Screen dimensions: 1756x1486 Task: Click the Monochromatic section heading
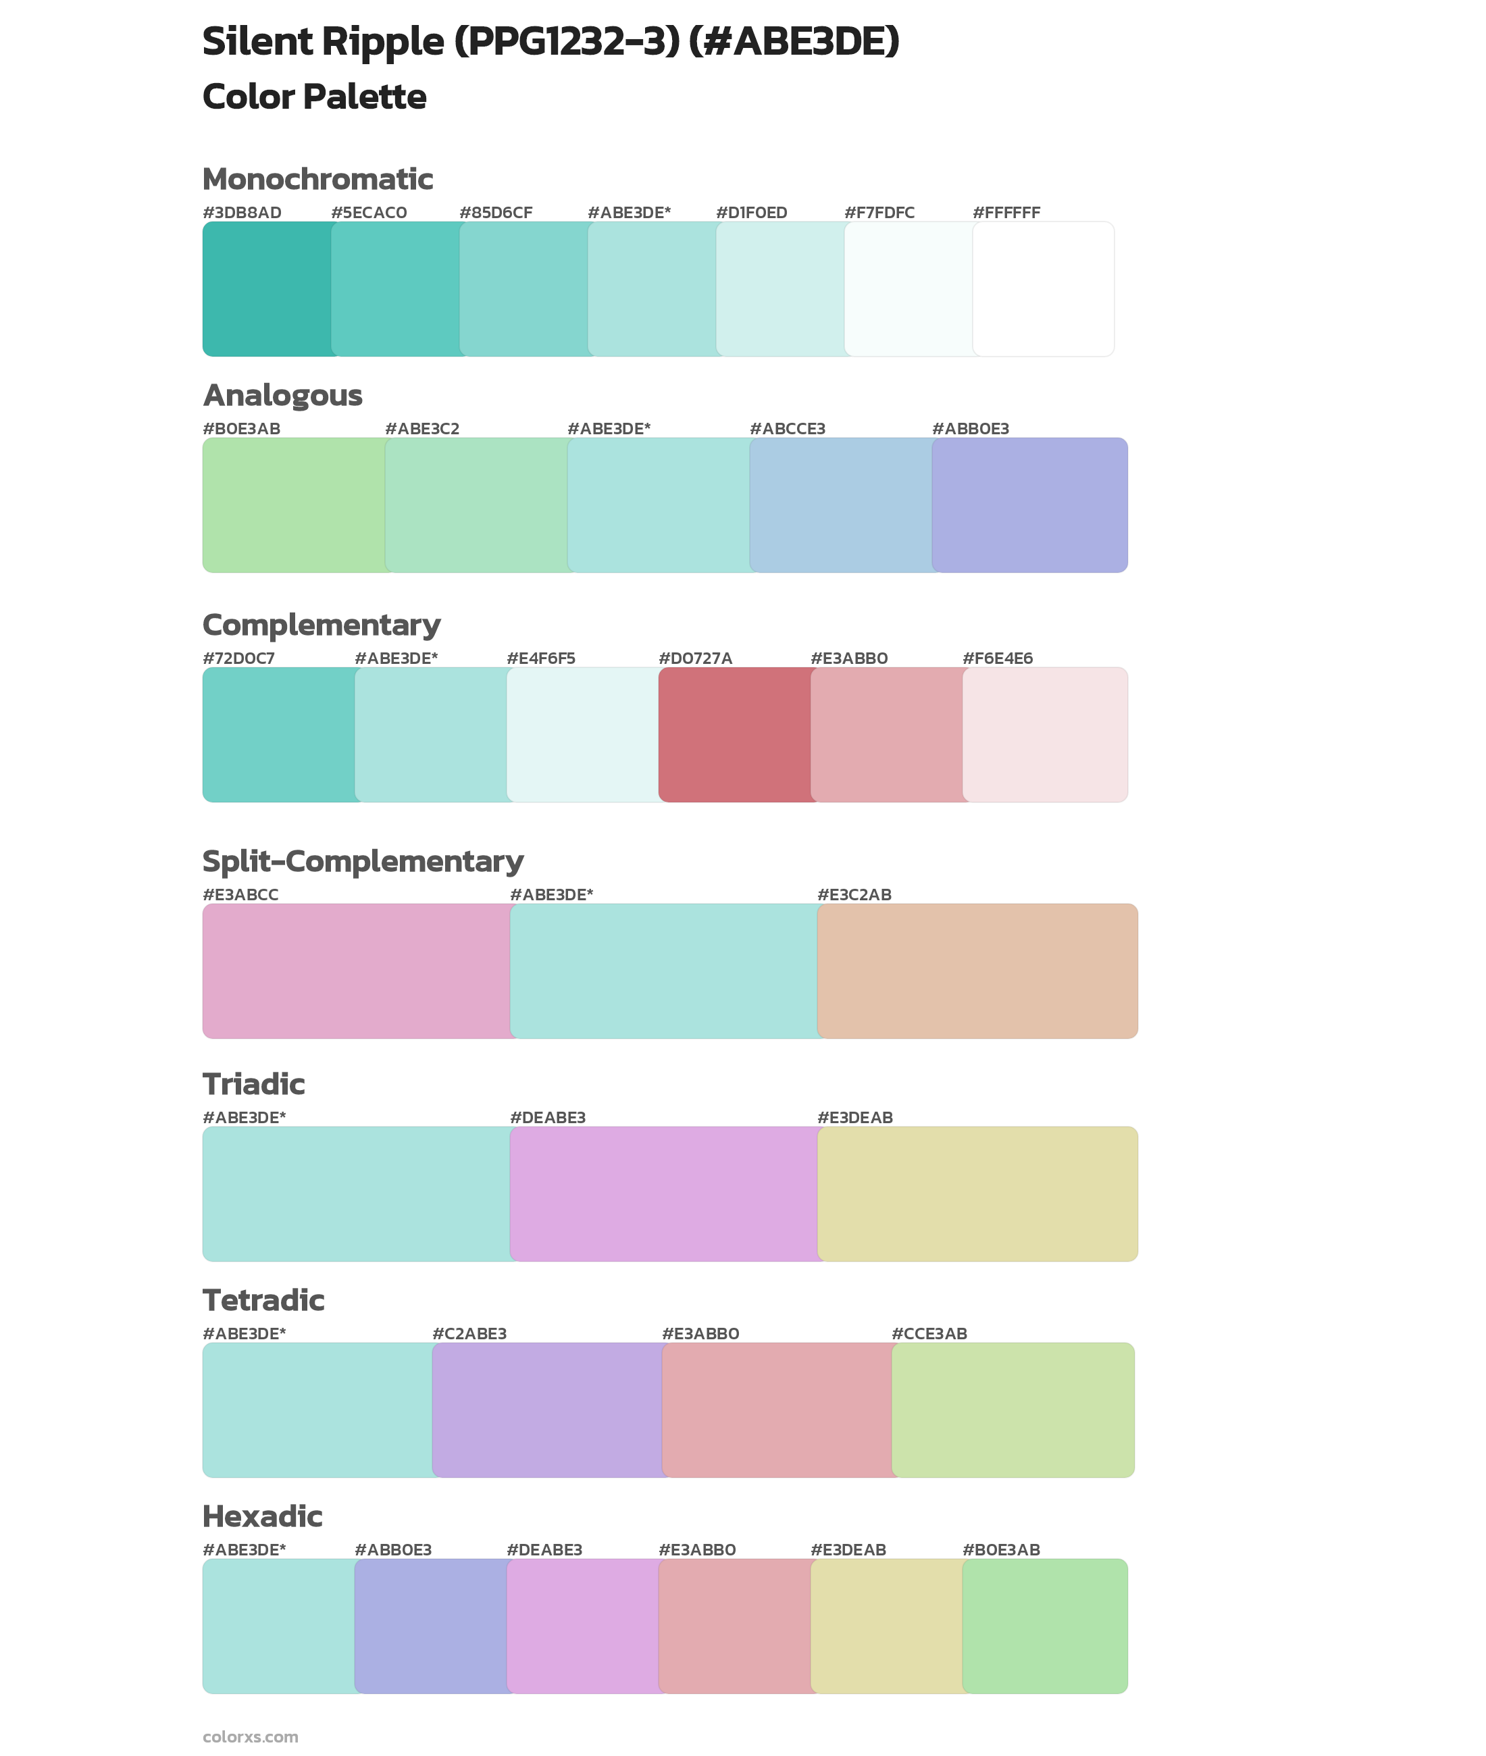(x=317, y=180)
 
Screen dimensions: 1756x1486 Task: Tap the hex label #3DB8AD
(x=242, y=213)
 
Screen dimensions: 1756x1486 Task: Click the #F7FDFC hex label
(x=879, y=213)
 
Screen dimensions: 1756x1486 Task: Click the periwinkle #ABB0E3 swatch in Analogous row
(x=1030, y=505)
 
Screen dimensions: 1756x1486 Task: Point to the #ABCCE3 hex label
(x=787, y=429)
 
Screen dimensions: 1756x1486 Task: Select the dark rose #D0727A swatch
(x=735, y=734)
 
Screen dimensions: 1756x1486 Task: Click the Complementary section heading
(x=321, y=625)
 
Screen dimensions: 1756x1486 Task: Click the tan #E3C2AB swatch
(x=977, y=971)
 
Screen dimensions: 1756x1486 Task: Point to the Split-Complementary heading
(x=362, y=862)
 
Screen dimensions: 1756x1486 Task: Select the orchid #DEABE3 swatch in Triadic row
(x=663, y=1193)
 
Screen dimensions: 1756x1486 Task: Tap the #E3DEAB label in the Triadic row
(x=854, y=1118)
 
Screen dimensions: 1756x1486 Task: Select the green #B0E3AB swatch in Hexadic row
(x=1044, y=1626)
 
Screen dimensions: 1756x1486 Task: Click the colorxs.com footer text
(x=250, y=1736)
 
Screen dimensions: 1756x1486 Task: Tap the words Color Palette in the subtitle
(x=314, y=97)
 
